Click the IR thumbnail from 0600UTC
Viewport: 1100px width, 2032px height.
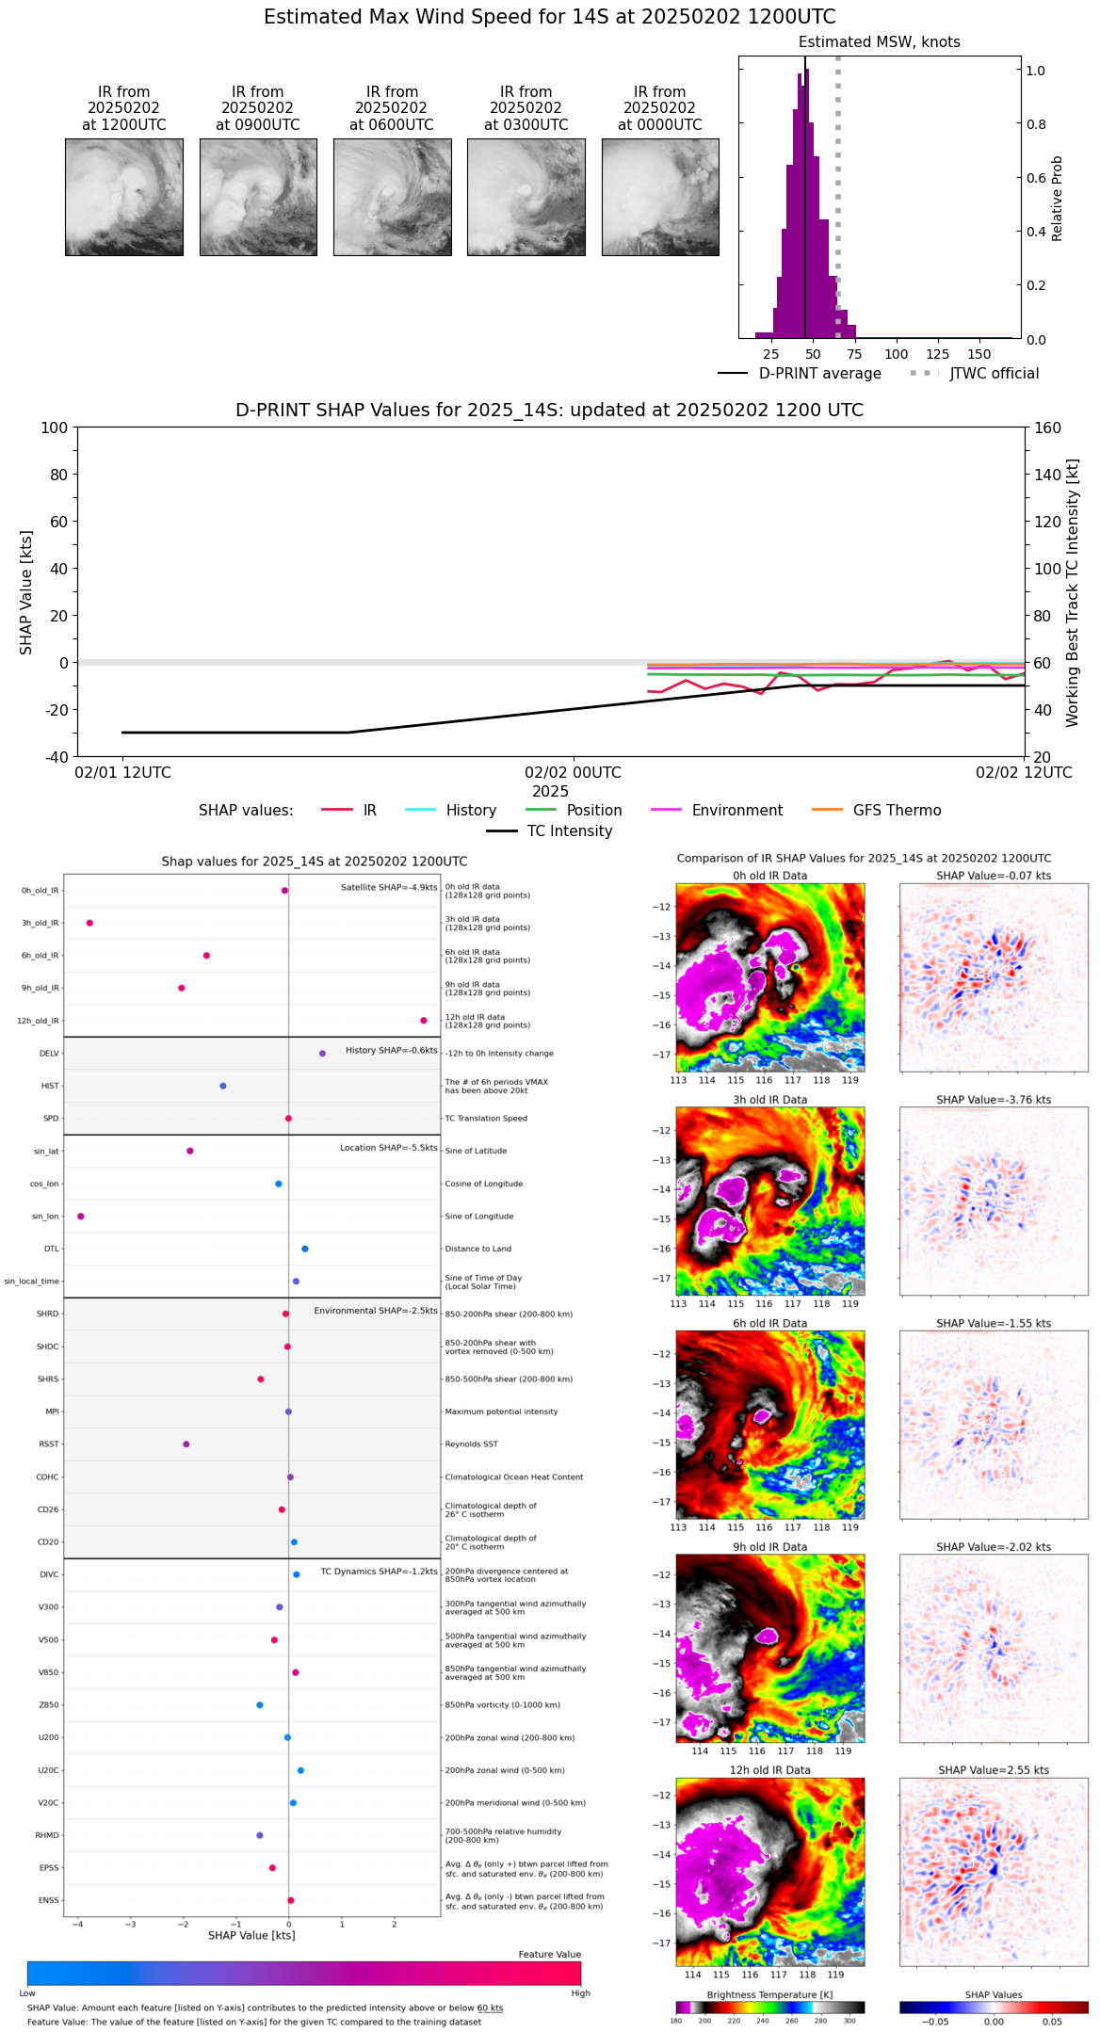pyautogui.click(x=392, y=197)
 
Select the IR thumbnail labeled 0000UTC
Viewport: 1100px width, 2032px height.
pyautogui.click(x=660, y=197)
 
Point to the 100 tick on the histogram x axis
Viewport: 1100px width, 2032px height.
pyautogui.click(x=897, y=354)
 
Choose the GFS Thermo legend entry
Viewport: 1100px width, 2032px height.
pyautogui.click(x=897, y=811)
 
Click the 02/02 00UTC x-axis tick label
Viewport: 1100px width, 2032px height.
pyautogui.click(x=573, y=773)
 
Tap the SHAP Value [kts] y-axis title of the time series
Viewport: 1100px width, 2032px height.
pyautogui.click(x=26, y=592)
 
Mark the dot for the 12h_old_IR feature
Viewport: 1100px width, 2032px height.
pyautogui.click(x=424, y=1021)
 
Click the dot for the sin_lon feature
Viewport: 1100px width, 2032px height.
pyautogui.click(x=81, y=1217)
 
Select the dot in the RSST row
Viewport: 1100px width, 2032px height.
pyautogui.click(x=186, y=1444)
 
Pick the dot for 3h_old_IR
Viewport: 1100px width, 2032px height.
pyautogui.click(x=89, y=923)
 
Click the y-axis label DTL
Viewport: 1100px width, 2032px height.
pyautogui.click(x=51, y=1250)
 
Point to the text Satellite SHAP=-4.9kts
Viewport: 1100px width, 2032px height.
pyautogui.click(x=389, y=888)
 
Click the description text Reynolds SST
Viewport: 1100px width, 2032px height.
pyautogui.click(x=471, y=1444)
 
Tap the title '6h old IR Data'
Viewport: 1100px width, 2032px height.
pyautogui.click(x=769, y=1324)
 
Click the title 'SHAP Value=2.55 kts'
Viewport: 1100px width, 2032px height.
pyautogui.click(x=994, y=1771)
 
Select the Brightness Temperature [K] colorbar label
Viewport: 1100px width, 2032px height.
pyautogui.click(x=769, y=1995)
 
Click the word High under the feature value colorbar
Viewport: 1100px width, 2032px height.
pyautogui.click(x=580, y=1993)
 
